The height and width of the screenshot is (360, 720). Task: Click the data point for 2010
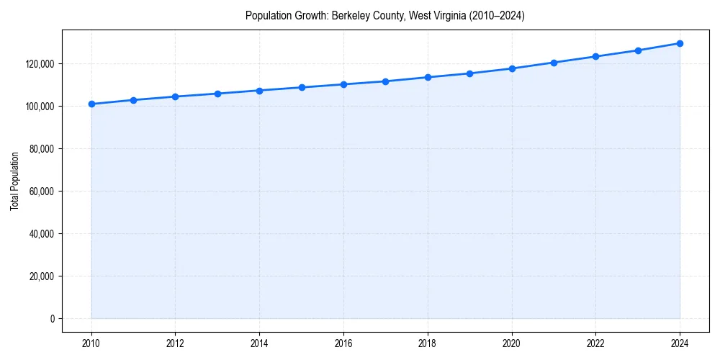click(91, 104)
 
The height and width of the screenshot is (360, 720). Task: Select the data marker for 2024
click(680, 43)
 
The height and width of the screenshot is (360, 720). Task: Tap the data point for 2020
click(512, 68)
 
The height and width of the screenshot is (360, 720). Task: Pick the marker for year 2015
click(302, 87)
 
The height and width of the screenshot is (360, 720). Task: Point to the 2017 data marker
click(386, 81)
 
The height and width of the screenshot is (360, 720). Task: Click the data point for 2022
click(595, 56)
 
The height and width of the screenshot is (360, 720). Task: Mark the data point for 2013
click(217, 94)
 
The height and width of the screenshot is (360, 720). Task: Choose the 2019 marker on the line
click(469, 73)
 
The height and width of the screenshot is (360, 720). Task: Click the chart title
click(385, 15)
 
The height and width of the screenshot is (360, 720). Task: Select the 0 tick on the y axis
click(52, 319)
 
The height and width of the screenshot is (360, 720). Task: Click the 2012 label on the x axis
click(176, 343)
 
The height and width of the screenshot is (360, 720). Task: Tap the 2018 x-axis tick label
click(428, 343)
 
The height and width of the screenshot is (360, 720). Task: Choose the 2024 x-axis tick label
click(680, 343)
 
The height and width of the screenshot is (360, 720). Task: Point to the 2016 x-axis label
click(343, 343)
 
